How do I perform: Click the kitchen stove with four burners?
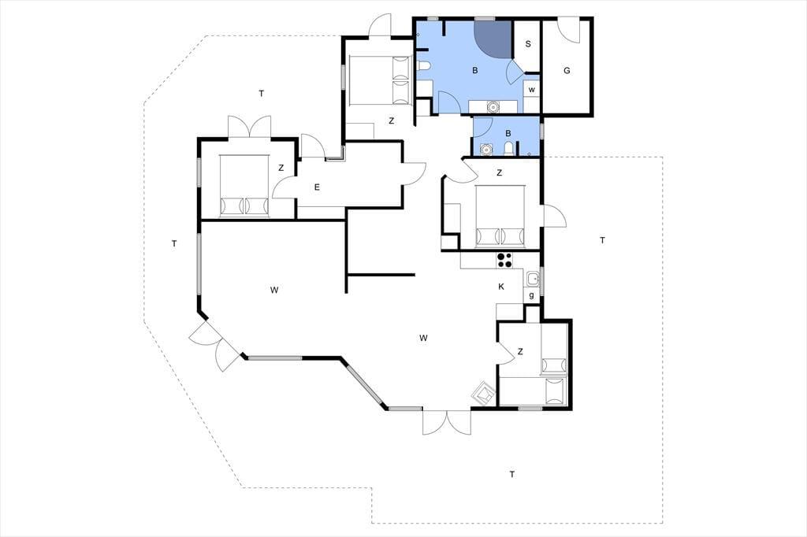pos(504,261)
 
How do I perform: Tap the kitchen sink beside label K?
pos(534,279)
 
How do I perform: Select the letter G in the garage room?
pos(567,70)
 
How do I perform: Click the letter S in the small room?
pos(527,44)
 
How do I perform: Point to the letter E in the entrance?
pos(317,187)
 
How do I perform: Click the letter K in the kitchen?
pos(501,287)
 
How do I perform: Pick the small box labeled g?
pos(532,296)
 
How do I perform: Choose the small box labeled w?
pos(532,90)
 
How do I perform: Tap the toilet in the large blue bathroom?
pos(423,66)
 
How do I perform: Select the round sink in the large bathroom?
pos(493,107)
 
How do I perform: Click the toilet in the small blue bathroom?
pos(508,149)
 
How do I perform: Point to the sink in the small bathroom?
pos(485,149)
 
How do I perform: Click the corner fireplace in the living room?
pos(484,394)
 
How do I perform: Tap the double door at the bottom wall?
pos(447,423)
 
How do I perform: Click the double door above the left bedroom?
pos(250,127)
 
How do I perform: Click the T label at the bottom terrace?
pos(511,474)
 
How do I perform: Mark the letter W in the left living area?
pos(274,290)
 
